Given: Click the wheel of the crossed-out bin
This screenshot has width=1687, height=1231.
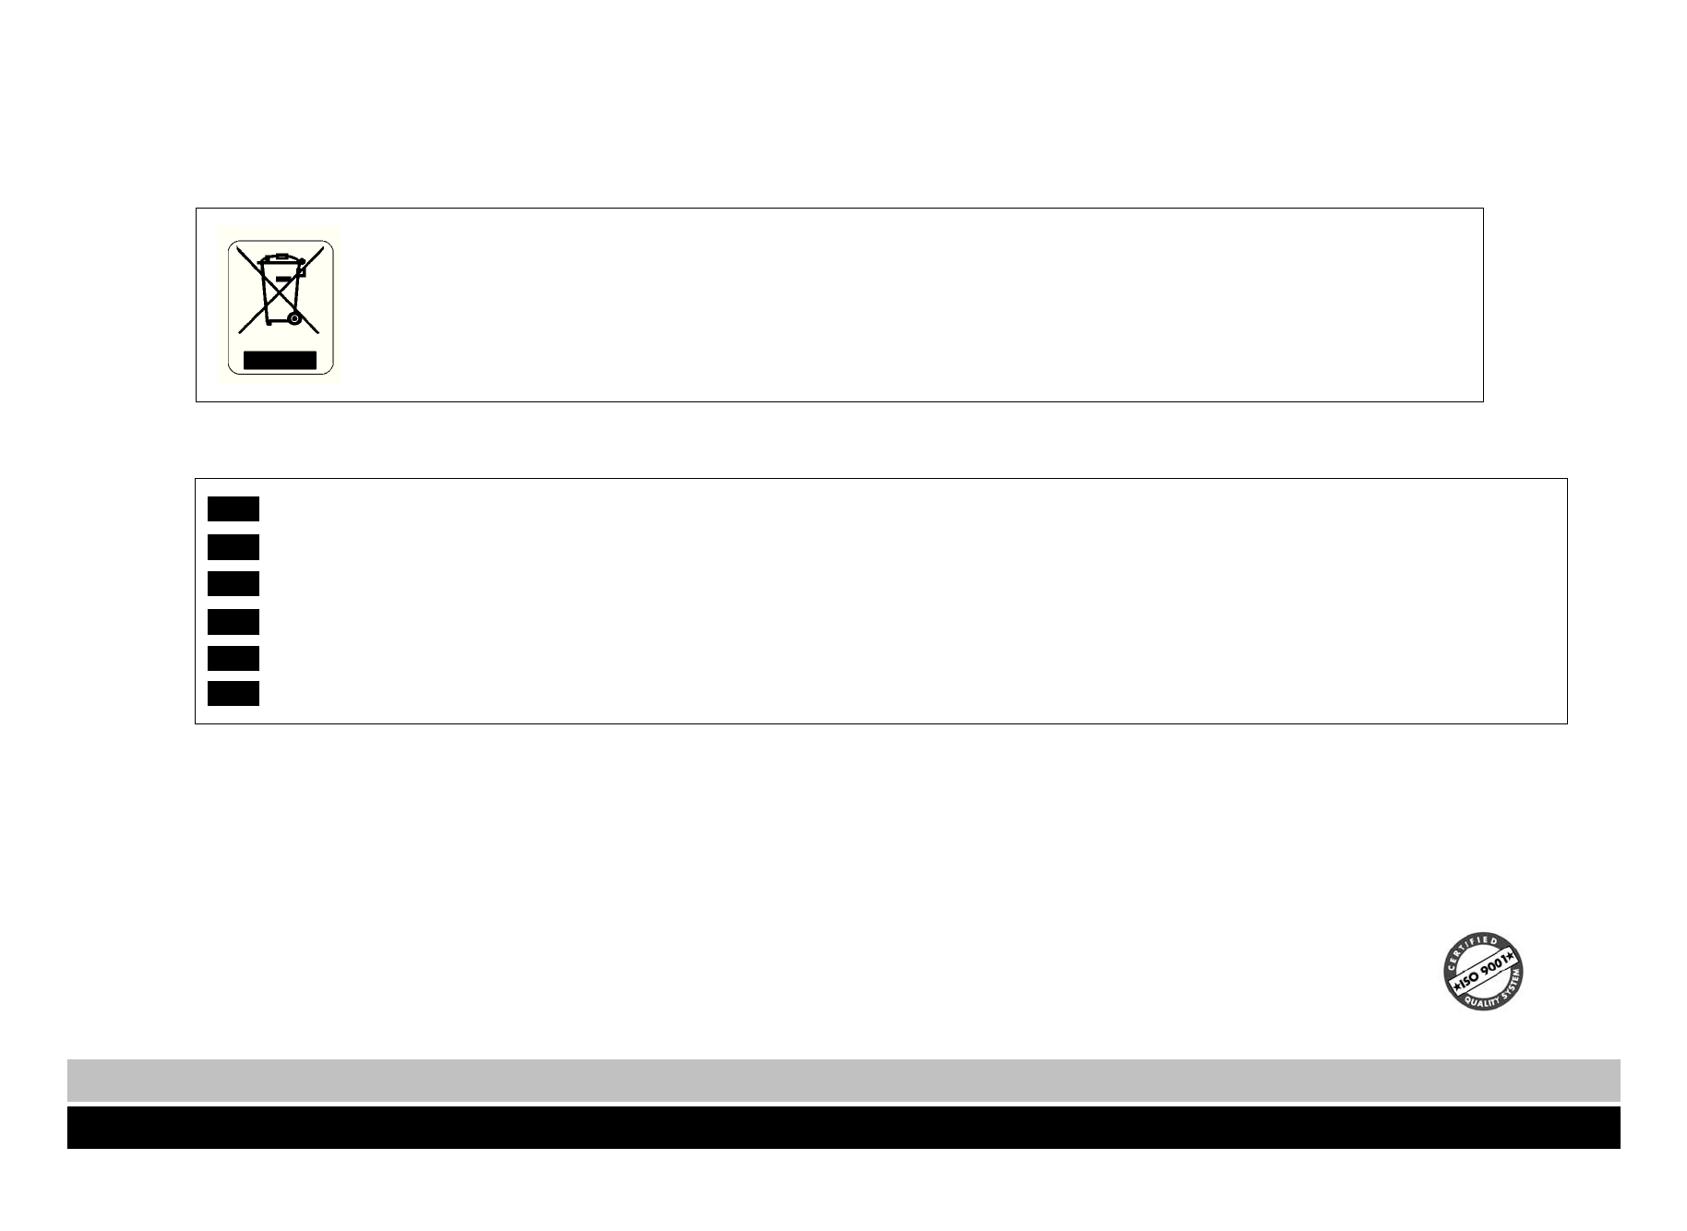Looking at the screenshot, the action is click(x=293, y=318).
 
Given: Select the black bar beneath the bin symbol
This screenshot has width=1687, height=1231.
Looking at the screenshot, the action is click(x=280, y=360).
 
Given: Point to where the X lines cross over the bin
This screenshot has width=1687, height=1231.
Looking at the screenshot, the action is click(x=280, y=289).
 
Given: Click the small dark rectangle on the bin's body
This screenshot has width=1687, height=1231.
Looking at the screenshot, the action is click(x=283, y=279).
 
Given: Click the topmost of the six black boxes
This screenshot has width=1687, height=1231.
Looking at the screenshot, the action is click(x=233, y=508).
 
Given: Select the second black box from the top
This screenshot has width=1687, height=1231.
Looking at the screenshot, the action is click(x=233, y=547).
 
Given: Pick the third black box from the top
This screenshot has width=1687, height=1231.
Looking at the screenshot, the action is click(x=233, y=583).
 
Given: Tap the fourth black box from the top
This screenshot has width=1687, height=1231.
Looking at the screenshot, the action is click(x=233, y=622).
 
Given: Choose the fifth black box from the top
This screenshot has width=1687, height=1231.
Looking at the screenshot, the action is click(x=233, y=658).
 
